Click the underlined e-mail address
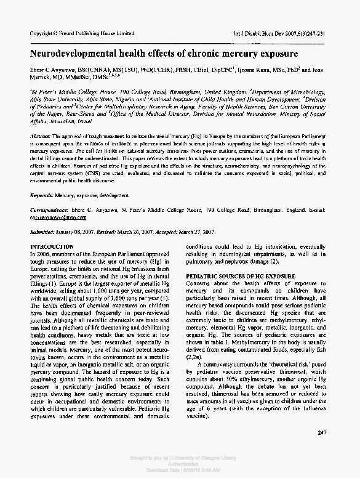coord(55,217)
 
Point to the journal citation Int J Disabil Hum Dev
coord(264,32)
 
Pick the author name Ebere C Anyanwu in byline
coord(55,71)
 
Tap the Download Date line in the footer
coord(180,471)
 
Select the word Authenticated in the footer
coord(180,465)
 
